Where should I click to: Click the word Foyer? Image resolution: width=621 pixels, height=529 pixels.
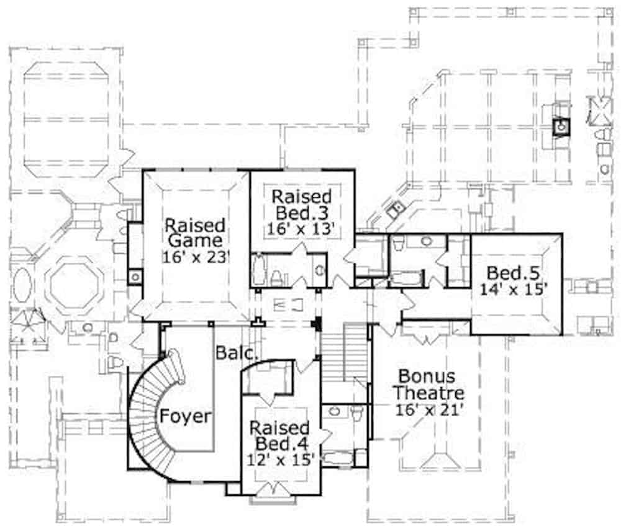[x=185, y=416]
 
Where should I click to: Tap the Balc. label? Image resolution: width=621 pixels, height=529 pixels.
[x=235, y=353]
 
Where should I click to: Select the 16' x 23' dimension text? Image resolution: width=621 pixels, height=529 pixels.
[x=196, y=257]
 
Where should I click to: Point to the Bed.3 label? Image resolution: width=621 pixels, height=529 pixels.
[x=302, y=213]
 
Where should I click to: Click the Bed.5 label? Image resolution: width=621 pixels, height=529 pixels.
[x=514, y=273]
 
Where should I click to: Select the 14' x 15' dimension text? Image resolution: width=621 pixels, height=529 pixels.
[x=514, y=289]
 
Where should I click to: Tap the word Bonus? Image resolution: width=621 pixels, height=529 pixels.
[x=427, y=376]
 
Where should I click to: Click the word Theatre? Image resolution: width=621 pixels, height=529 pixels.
[x=429, y=393]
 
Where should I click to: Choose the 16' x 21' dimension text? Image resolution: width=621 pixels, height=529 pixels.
[x=429, y=409]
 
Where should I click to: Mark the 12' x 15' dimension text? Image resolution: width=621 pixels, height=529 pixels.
[x=281, y=460]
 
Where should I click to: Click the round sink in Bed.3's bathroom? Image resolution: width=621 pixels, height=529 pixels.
[x=320, y=270]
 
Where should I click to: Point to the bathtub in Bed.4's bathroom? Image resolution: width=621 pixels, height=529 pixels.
[x=338, y=458]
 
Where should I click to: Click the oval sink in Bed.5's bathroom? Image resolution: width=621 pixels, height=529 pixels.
[x=426, y=241]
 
